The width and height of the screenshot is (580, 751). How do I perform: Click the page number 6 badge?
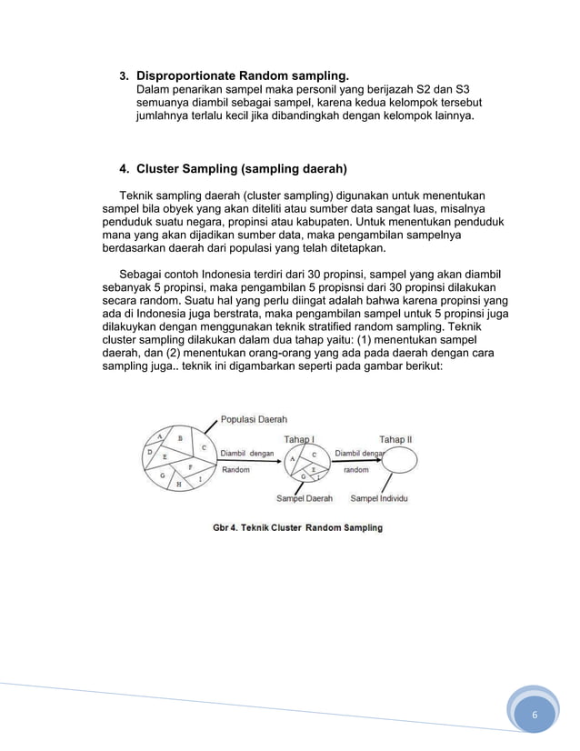(x=535, y=715)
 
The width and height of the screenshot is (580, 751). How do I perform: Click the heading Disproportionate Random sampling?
(x=242, y=75)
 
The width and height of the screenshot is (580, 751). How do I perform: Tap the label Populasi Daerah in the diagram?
(x=255, y=420)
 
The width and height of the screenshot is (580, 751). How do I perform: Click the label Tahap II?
(x=395, y=439)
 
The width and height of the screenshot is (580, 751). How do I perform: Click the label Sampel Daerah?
(x=305, y=498)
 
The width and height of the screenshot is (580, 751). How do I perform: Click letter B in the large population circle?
(x=180, y=438)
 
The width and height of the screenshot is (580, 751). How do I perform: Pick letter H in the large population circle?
(x=178, y=484)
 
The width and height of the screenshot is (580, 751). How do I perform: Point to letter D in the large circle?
(x=149, y=451)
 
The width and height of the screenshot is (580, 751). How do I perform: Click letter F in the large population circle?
(x=189, y=466)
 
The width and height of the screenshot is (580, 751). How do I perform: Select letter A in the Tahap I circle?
(x=293, y=458)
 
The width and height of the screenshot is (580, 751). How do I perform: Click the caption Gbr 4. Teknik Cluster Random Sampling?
(x=297, y=527)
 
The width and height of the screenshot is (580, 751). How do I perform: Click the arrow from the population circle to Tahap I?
(x=250, y=461)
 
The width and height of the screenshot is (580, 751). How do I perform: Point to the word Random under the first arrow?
(x=235, y=470)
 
